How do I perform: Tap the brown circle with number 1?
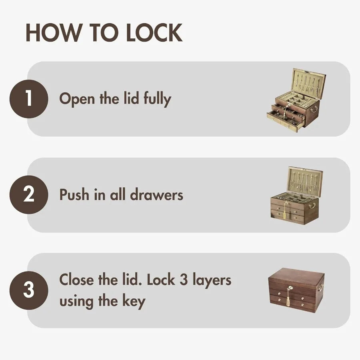point(29,99)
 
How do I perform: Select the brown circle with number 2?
point(29,195)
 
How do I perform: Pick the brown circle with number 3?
point(29,290)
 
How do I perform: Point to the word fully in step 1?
point(157,99)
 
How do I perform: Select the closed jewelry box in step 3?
point(296,290)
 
